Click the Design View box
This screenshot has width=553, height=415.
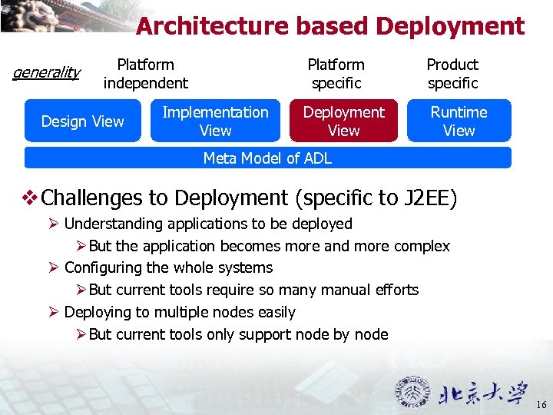83,121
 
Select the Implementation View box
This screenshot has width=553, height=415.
215,121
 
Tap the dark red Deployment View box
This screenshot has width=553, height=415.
343,121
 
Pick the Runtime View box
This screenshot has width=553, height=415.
459,121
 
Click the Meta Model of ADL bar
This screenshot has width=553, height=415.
267,158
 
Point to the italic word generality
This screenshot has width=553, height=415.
47,72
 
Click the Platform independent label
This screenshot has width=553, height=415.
145,74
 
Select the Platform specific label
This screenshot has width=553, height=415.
336,74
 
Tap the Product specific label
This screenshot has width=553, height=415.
452,74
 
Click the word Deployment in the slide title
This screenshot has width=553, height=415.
450,26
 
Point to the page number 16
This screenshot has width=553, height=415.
541,405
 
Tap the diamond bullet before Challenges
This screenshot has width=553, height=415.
31,198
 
